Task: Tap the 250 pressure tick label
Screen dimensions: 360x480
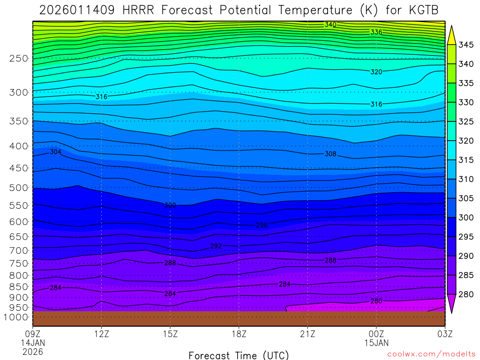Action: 19,59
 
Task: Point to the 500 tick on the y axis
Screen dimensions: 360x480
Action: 19,188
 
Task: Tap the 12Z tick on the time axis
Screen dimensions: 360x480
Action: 102,334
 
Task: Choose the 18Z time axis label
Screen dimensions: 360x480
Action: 239,334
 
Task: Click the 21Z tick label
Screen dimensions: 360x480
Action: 307,334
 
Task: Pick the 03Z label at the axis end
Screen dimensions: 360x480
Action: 444,334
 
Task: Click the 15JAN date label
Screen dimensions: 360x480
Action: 376,343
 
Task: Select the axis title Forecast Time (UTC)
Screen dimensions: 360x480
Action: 239,355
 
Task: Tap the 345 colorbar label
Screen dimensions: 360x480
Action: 466,45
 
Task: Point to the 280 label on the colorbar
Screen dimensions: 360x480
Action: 466,294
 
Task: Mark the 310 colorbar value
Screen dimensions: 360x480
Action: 466,179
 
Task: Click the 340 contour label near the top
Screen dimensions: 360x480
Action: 330,24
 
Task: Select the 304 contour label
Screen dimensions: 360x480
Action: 56,152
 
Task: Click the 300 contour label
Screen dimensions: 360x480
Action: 170,205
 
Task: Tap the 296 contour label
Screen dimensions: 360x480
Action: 262,225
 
